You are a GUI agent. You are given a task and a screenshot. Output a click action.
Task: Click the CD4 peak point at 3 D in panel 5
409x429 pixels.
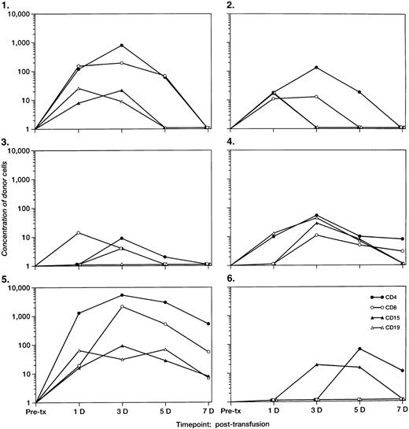pos(121,295)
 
